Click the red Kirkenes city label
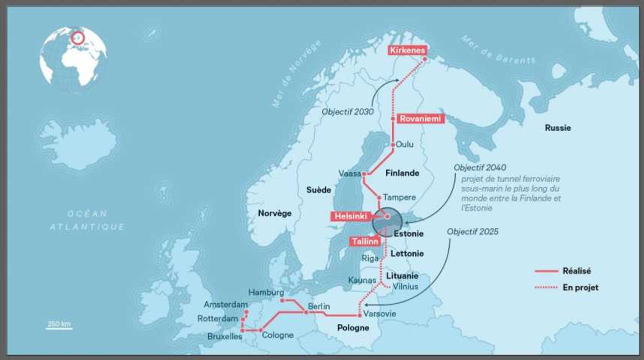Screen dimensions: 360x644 [x=407, y=50]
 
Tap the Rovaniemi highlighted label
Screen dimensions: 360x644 [x=420, y=119]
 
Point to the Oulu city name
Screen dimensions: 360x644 [x=405, y=144]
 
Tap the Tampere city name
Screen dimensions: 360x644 [x=399, y=197]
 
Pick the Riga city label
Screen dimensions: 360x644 [x=370, y=258]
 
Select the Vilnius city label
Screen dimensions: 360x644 [x=405, y=286]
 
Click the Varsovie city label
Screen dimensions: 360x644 [x=379, y=314]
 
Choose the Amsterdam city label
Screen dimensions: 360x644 [x=226, y=304]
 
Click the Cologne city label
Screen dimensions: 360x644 [x=278, y=335]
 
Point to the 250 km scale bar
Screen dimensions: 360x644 [x=60, y=326]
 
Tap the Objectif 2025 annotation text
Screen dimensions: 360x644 [x=472, y=232]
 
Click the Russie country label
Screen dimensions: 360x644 [x=557, y=128]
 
